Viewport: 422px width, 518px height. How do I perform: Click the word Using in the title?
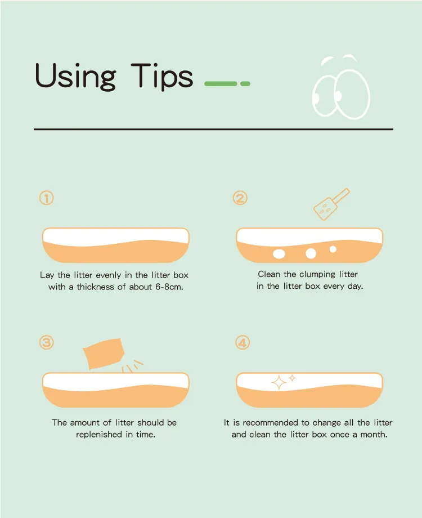pyautogui.click(x=75, y=77)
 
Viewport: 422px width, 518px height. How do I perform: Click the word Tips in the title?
pyautogui.click(x=162, y=76)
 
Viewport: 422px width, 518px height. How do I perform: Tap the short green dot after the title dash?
pyautogui.click(x=245, y=83)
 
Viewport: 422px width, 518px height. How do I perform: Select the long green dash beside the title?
pyautogui.click(x=221, y=83)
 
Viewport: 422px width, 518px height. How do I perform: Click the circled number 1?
pyautogui.click(x=47, y=198)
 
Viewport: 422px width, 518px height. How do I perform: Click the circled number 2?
pyautogui.click(x=240, y=198)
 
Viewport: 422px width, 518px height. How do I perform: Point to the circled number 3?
pyautogui.click(x=47, y=342)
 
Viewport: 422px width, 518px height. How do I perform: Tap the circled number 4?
pyautogui.click(x=243, y=342)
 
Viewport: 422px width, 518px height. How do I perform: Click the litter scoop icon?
pyautogui.click(x=331, y=204)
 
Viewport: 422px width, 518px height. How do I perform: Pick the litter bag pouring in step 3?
pyautogui.click(x=104, y=353)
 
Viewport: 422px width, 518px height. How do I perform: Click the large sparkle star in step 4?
pyautogui.click(x=279, y=382)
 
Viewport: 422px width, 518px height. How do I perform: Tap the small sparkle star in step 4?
pyautogui.click(x=292, y=378)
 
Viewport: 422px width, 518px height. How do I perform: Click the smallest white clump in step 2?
pyautogui.click(x=333, y=249)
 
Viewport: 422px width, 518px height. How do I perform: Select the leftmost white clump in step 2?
pyautogui.click(x=279, y=254)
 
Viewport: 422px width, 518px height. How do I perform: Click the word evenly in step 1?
pyautogui.click(x=108, y=275)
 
